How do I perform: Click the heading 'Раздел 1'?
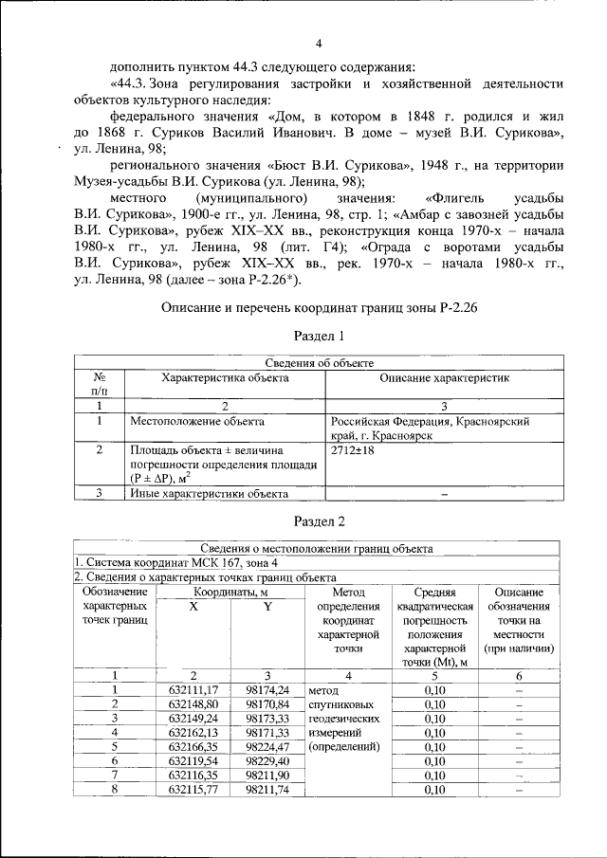[x=318, y=336]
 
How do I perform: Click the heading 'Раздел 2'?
[x=318, y=520]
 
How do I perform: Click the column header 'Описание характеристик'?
[x=444, y=378]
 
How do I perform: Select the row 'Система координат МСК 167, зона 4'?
[x=170, y=562]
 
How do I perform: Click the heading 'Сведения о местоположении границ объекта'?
[x=318, y=548]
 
